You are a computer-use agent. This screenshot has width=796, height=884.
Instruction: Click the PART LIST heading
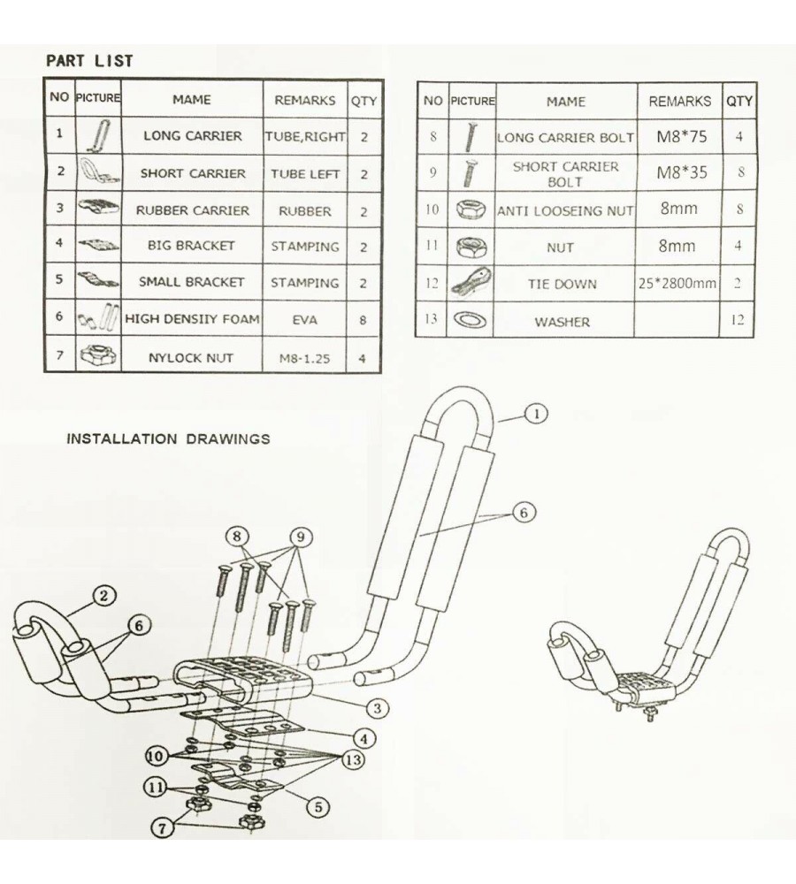(x=89, y=61)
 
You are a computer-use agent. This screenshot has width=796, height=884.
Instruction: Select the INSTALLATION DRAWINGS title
(x=168, y=438)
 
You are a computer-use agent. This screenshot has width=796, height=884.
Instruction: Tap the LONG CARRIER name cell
(x=192, y=136)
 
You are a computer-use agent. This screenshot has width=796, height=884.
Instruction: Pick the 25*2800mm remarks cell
(x=677, y=284)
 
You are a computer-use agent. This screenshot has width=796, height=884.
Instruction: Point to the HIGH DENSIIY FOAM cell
(x=192, y=319)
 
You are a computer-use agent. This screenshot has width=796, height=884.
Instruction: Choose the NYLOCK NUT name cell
(x=192, y=358)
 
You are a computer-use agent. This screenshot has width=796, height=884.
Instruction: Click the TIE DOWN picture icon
(x=471, y=284)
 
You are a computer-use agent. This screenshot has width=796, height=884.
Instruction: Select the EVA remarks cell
(x=304, y=320)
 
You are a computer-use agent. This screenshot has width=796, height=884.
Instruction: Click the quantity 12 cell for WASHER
(x=738, y=320)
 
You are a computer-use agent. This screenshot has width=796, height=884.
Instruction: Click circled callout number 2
(x=103, y=597)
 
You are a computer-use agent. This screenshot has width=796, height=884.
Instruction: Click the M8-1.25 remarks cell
(x=304, y=359)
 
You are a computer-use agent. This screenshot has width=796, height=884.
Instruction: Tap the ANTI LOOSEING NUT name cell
(x=565, y=210)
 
